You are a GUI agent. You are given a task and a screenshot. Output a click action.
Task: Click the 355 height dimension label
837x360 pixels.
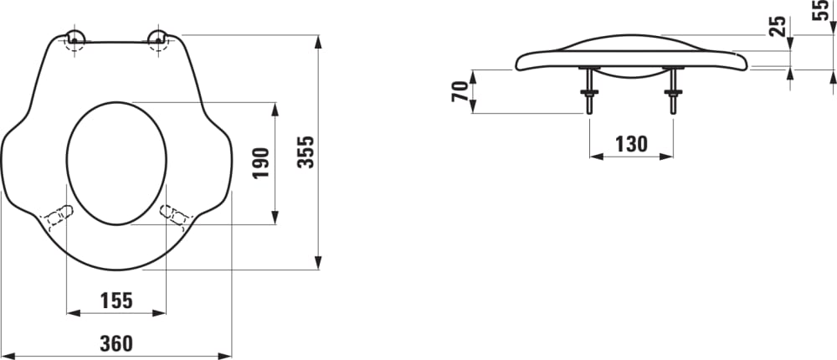(x=306, y=152)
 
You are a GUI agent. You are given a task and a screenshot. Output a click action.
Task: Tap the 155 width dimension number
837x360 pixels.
(x=116, y=300)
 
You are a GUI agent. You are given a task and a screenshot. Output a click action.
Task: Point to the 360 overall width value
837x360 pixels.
(x=116, y=343)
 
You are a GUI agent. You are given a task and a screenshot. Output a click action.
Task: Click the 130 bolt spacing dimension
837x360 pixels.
(x=631, y=143)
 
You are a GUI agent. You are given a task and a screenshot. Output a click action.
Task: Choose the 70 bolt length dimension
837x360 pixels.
(x=460, y=91)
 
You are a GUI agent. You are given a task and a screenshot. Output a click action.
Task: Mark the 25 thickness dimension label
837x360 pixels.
(x=778, y=26)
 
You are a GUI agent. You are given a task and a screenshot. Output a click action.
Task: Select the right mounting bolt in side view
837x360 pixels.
(x=672, y=90)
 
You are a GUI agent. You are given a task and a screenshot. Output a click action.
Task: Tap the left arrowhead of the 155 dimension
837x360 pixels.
(x=70, y=313)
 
